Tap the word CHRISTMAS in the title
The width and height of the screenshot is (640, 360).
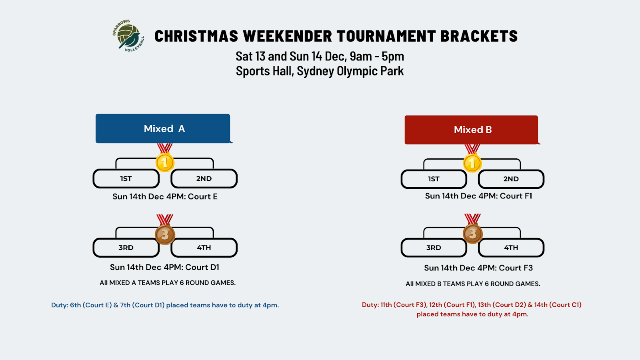point(196,36)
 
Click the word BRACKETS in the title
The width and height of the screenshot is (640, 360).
point(479,36)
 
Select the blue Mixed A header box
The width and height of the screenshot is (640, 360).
point(163,128)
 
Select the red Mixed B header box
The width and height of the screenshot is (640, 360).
point(471,130)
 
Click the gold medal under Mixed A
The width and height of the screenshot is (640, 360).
point(164,162)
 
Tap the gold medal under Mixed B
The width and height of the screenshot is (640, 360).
point(472,163)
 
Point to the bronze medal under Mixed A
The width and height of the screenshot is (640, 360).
point(165,234)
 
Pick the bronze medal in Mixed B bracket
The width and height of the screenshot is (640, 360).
point(472,233)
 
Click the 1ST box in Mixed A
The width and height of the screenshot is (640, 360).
point(126,179)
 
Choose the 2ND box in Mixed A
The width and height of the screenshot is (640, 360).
point(204,179)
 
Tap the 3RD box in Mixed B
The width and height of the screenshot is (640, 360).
point(434,248)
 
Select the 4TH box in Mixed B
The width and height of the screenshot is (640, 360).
point(511,248)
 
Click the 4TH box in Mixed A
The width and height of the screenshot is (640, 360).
point(204,248)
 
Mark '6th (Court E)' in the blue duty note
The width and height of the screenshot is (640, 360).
point(91,305)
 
